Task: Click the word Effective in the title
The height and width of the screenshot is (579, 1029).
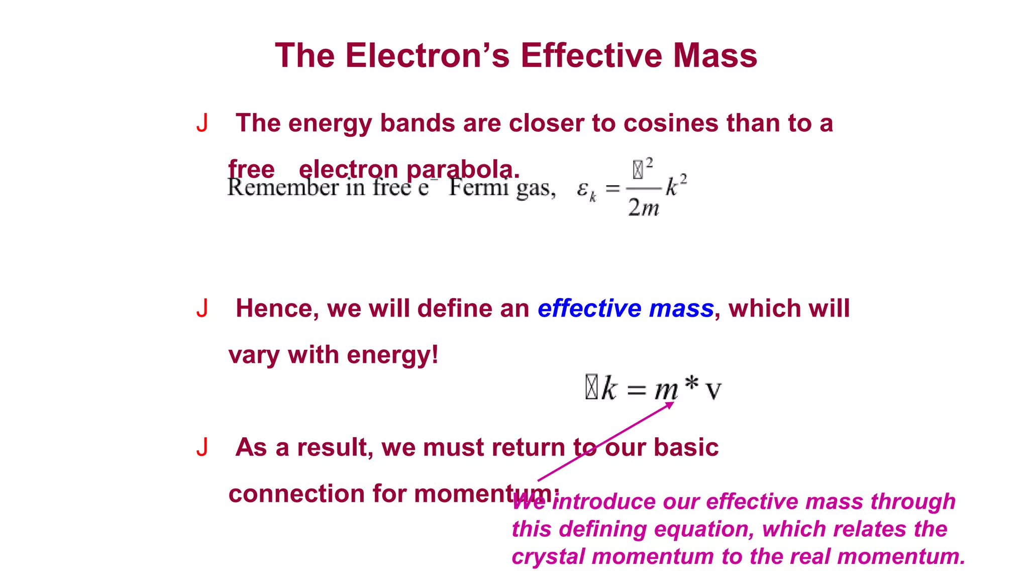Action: click(591, 55)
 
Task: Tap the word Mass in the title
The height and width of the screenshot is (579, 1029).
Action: click(715, 55)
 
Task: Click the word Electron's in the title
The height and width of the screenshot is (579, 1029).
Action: click(427, 55)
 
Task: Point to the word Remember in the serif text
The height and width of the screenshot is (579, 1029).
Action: click(283, 188)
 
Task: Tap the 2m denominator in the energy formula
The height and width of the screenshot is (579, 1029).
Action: click(643, 207)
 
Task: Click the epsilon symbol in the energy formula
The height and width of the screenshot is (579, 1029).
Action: click(583, 189)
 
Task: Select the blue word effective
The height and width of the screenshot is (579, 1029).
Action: click(589, 308)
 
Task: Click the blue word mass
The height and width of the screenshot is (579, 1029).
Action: click(681, 308)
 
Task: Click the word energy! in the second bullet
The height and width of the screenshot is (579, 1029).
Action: click(392, 355)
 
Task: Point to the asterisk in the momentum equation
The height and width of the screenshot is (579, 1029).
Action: click(692, 383)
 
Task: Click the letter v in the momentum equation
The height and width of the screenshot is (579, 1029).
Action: click(713, 391)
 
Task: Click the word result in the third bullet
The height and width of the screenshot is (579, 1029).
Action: click(335, 447)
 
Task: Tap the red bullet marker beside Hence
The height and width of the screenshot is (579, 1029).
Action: click(202, 308)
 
